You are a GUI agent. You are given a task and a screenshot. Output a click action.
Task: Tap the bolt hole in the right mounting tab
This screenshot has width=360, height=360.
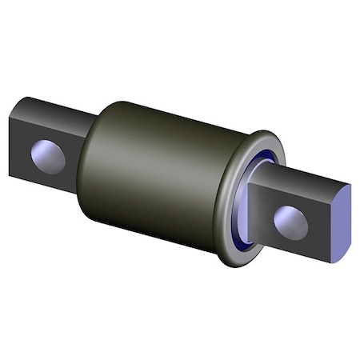click(x=290, y=222)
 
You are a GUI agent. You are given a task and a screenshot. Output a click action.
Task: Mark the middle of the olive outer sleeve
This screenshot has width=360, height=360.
click(x=160, y=172)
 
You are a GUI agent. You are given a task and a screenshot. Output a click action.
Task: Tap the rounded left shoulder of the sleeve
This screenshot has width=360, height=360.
click(x=92, y=168)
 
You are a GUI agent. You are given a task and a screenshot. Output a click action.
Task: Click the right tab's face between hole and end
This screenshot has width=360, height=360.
click(x=316, y=232)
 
